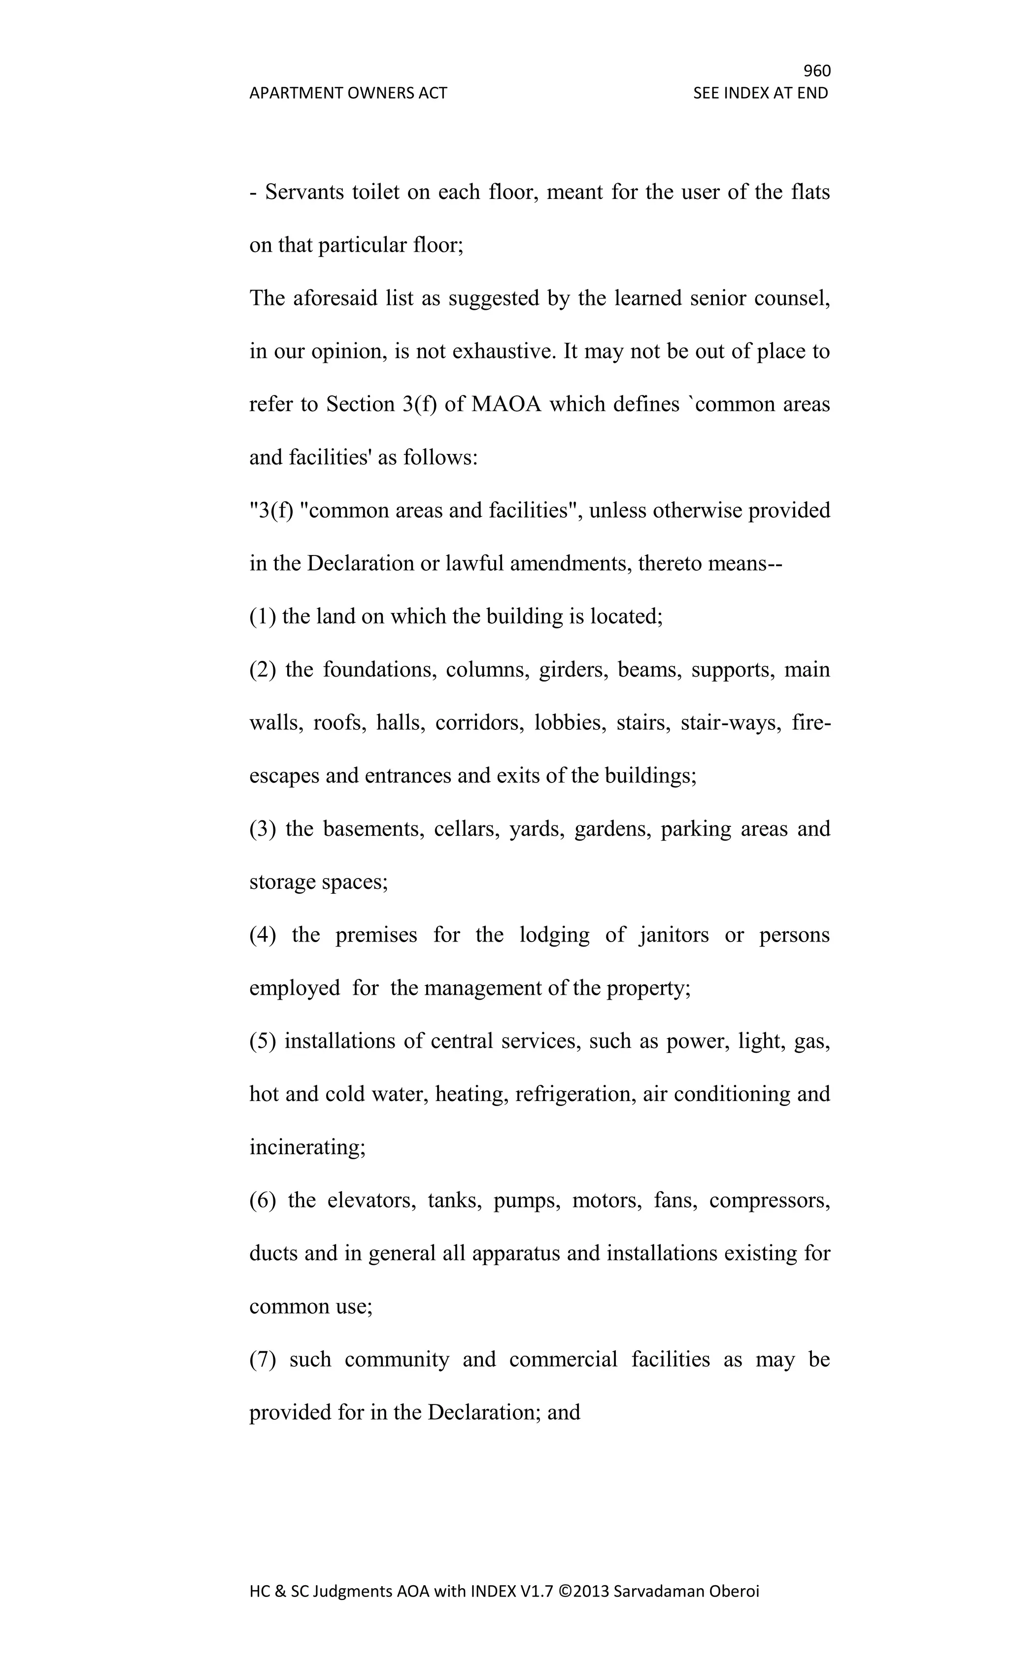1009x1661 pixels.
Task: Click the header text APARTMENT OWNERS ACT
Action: (348, 93)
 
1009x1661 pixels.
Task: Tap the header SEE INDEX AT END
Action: (760, 93)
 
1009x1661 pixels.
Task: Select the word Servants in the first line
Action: (303, 192)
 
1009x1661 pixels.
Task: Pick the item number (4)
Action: (263, 936)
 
